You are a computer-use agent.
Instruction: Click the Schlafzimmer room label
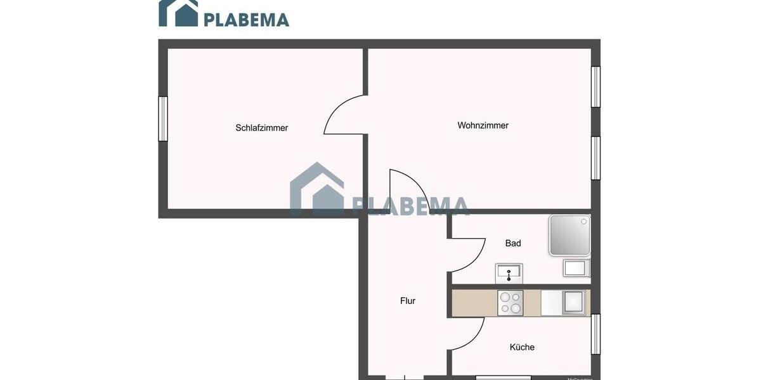(261, 128)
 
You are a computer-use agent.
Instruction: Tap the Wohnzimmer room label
(483, 125)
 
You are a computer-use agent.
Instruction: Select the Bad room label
(513, 243)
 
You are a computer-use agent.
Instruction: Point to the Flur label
(408, 301)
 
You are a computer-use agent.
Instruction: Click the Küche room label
(522, 347)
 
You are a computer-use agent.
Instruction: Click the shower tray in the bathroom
(569, 235)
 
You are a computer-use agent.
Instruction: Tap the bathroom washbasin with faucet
(509, 274)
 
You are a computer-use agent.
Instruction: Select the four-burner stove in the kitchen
(511, 303)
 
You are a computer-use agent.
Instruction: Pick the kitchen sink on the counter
(574, 302)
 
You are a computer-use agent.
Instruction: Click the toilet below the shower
(576, 268)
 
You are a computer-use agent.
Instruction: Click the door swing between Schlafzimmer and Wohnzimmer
(344, 115)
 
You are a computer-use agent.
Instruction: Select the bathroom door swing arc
(468, 253)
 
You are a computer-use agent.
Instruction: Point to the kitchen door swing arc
(468, 334)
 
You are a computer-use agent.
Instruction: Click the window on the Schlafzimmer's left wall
(163, 118)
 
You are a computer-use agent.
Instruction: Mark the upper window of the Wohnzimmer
(595, 87)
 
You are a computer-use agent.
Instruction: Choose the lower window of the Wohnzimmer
(595, 158)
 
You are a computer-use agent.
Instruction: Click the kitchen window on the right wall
(595, 334)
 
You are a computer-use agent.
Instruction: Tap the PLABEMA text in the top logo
(246, 20)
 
